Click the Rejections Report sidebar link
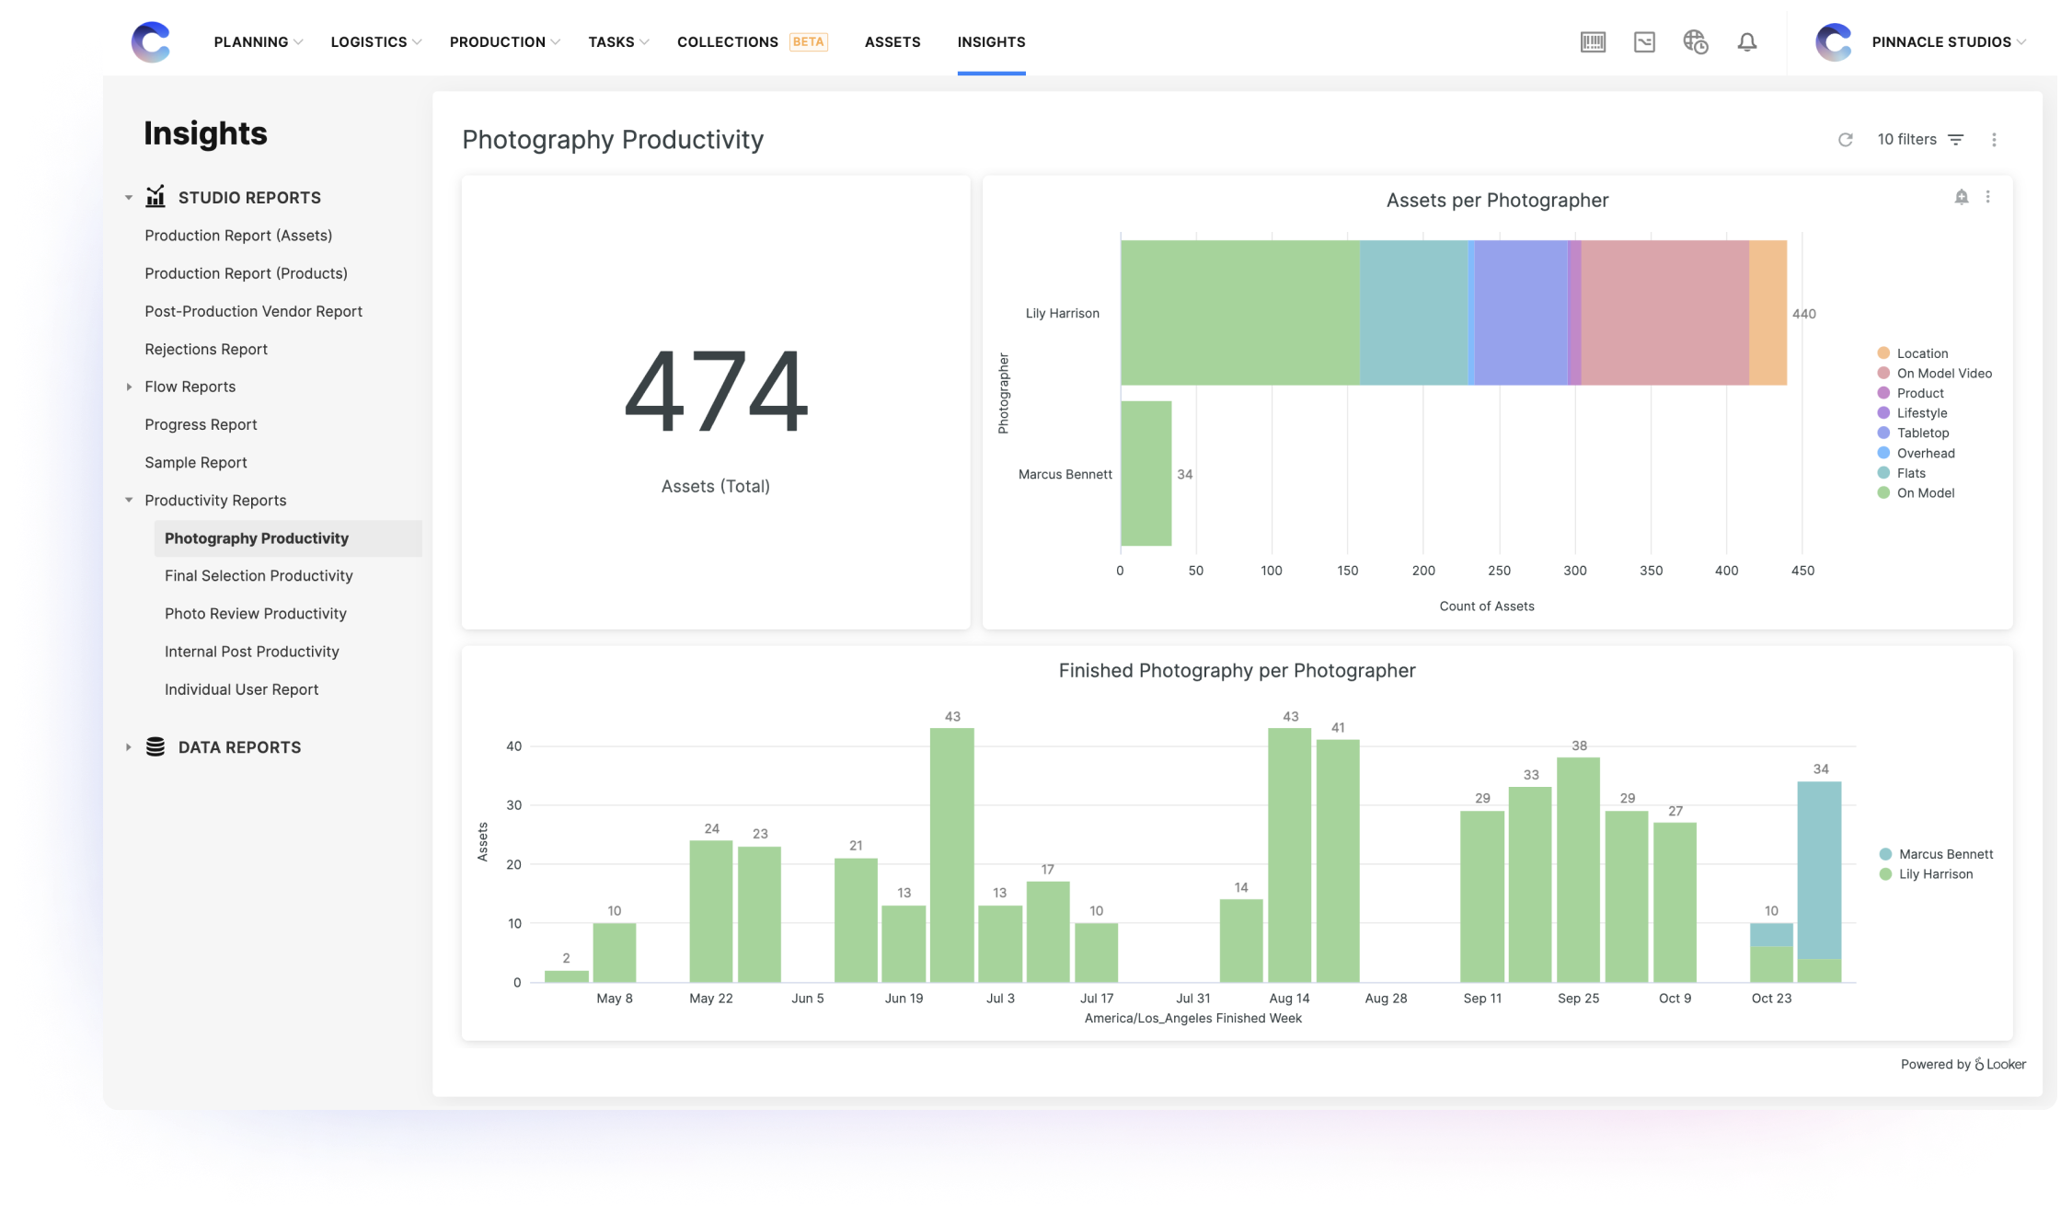(x=206, y=350)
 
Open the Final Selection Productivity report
(x=259, y=576)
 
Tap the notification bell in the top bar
(x=1746, y=42)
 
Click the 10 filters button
(x=1919, y=140)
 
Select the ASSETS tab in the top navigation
(x=892, y=42)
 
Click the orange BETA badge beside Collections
(x=808, y=42)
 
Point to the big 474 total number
(x=716, y=392)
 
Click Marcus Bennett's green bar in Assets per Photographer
(x=1146, y=474)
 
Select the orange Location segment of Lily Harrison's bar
(x=1767, y=313)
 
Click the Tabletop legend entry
(x=1922, y=433)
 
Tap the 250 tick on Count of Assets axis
(x=1499, y=571)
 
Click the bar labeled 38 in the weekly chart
(x=1578, y=869)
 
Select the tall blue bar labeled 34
(x=1819, y=869)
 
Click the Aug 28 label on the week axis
(x=1386, y=999)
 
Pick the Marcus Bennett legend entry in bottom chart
(x=1945, y=854)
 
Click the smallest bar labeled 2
(x=566, y=976)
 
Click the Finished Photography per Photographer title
(x=1237, y=671)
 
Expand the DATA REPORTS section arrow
(x=129, y=747)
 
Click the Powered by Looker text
(x=1963, y=1065)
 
